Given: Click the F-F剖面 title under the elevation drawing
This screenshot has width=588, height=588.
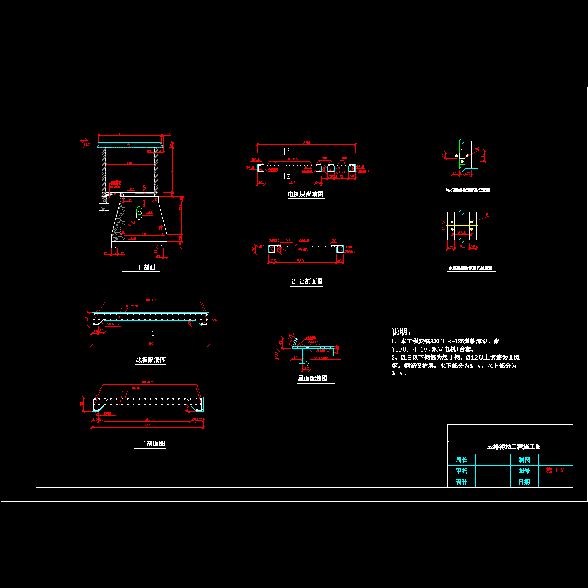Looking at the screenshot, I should point(142,268).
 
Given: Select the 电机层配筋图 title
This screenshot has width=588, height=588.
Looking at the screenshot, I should point(305,195).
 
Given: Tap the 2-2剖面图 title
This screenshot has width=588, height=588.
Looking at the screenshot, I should point(307,282).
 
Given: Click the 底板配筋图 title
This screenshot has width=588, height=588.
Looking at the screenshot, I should point(150,360).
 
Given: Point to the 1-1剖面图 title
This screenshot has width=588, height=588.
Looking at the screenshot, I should point(150,443).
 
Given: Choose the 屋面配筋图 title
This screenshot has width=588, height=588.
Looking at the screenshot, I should point(313,379).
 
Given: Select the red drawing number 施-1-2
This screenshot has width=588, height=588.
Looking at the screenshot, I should point(555,470).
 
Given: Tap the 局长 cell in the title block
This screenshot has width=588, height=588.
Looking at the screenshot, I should point(462,460).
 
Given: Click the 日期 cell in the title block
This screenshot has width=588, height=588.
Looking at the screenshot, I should point(524,482).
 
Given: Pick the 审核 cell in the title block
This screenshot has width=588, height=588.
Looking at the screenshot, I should point(462,471).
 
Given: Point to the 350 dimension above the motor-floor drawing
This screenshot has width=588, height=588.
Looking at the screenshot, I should point(306,143).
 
